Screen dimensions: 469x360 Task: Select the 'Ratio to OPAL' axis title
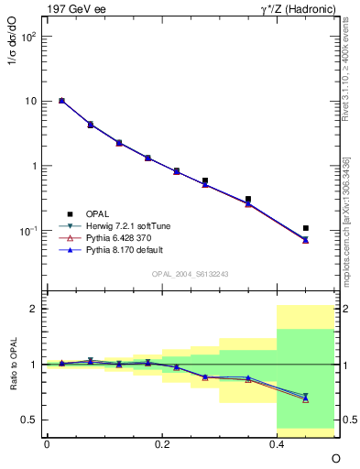pos(12,365)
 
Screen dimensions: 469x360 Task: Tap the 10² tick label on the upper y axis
pos(28,37)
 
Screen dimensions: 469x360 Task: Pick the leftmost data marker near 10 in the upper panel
pos(61,101)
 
